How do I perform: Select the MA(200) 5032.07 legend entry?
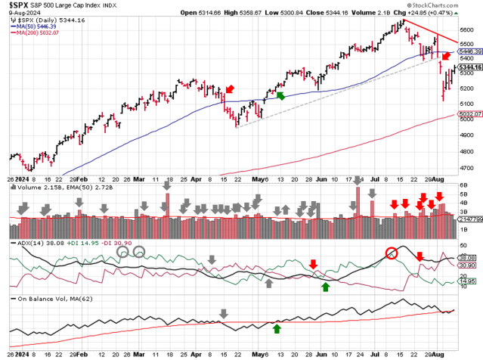[x=36, y=33]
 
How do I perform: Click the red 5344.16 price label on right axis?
[x=466, y=67]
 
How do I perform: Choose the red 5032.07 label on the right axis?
[x=466, y=115]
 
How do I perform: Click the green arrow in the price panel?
[x=280, y=95]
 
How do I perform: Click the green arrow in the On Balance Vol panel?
[x=277, y=327]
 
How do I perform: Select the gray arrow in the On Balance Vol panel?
[x=223, y=313]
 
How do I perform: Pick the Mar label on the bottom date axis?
[x=139, y=354]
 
